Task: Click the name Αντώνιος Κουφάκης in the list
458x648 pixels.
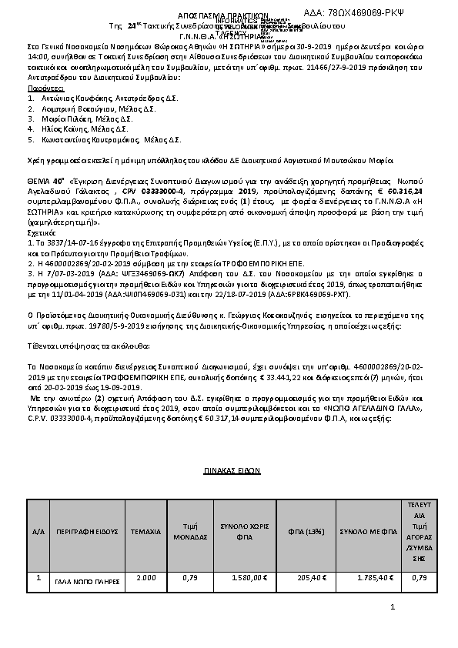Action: coord(73,100)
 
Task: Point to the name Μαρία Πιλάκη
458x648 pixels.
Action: coord(63,120)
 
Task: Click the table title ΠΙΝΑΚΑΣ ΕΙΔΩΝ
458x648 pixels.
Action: coord(231,468)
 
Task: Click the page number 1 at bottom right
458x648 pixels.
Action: coord(392,608)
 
